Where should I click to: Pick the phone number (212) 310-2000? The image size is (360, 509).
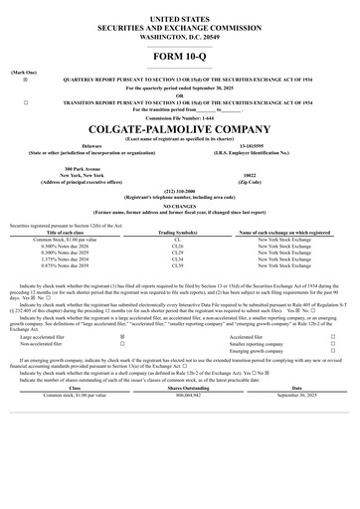pyautogui.click(x=180, y=193)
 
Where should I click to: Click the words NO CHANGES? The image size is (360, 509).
pyautogui.click(x=180, y=207)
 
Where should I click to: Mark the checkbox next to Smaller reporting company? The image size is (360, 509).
pyautogui.click(x=333, y=344)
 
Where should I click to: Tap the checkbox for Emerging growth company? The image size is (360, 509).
pyautogui.click(x=333, y=351)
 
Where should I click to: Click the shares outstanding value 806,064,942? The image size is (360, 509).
pyautogui.click(x=180, y=396)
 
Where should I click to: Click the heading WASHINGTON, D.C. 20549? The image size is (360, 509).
pyautogui.click(x=180, y=36)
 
